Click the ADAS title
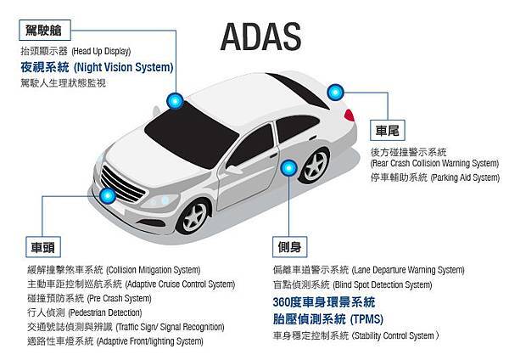[261, 37]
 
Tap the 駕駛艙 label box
[44, 30]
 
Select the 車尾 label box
[388, 130]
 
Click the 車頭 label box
[43, 247]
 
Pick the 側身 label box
[289, 247]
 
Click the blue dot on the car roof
[175, 101]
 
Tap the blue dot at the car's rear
[335, 93]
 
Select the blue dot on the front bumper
[108, 195]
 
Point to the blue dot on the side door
[288, 168]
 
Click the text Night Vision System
[124, 67]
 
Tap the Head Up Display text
[101, 51]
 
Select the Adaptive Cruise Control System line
[131, 284]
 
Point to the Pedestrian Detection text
[105, 313]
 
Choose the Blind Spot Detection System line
[353, 285]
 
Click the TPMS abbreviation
[366, 319]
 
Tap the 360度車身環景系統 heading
[324, 302]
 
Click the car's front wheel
[193, 217]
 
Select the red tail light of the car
[350, 115]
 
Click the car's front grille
[123, 184]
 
